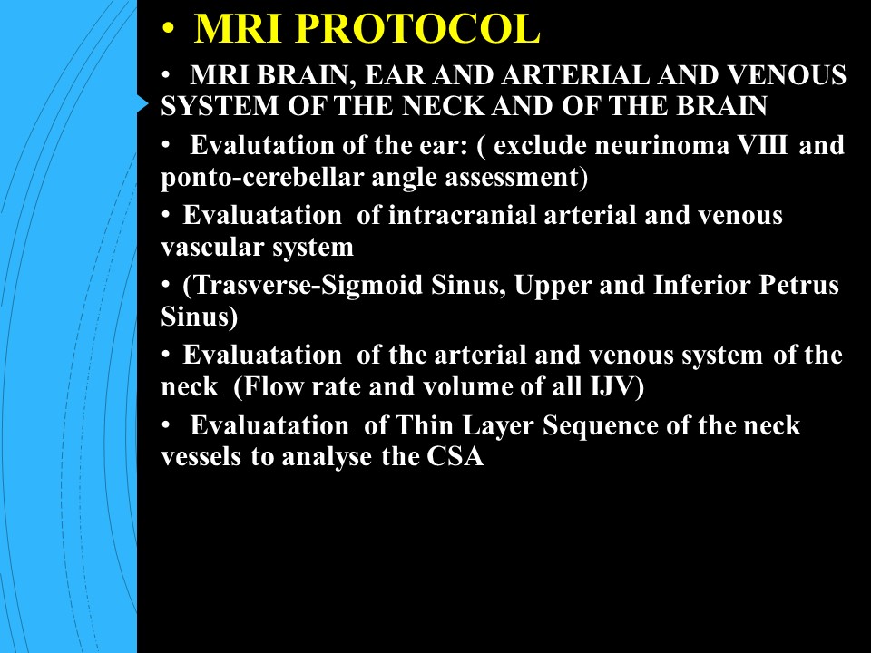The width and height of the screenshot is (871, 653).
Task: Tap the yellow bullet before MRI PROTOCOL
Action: point(168,28)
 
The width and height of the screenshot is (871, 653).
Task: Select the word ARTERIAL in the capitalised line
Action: point(575,75)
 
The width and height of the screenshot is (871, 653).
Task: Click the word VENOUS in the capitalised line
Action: point(786,75)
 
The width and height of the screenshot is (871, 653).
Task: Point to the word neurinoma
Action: point(661,145)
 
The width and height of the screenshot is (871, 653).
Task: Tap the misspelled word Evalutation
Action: point(262,145)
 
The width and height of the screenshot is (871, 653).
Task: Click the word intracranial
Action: point(462,216)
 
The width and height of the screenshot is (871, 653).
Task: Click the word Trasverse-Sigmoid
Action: point(303,286)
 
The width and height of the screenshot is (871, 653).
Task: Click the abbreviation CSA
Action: point(455,457)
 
